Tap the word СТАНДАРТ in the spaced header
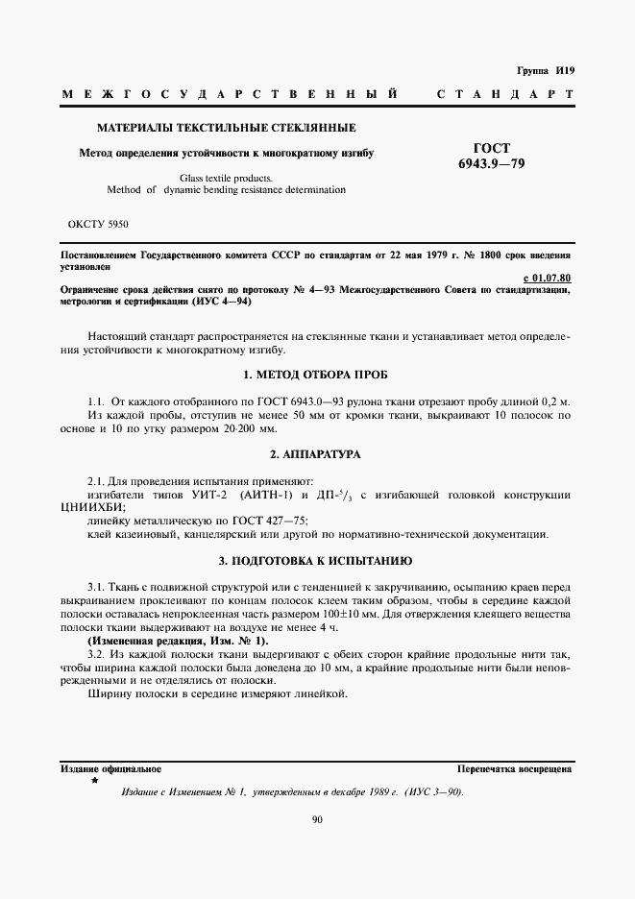(505, 95)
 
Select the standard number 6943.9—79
(493, 163)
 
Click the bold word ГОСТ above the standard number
(492, 147)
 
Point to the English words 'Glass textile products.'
(226, 178)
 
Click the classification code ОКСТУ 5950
(98, 224)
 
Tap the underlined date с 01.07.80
(548, 279)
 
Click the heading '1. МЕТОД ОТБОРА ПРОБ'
(315, 374)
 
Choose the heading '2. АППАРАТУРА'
(315, 453)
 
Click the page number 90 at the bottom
(317, 818)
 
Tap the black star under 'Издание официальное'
(93, 781)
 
